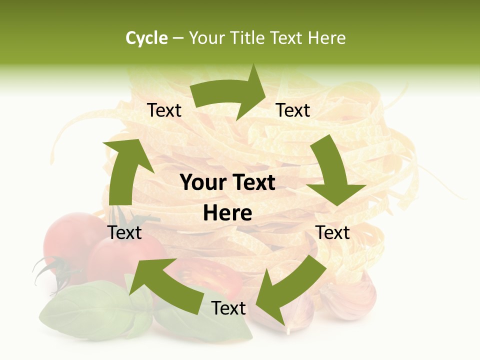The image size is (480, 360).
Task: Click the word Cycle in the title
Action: pos(146,38)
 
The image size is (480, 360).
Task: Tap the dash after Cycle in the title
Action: pos(178,38)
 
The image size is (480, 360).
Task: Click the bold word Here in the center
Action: pos(227,213)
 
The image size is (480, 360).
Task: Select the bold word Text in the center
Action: pos(253,183)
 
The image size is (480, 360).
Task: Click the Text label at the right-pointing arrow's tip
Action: pos(293,110)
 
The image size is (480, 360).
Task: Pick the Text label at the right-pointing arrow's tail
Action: pos(164,110)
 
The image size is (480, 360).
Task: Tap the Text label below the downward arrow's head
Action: pos(333,232)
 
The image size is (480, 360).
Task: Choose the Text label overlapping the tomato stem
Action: pos(125,232)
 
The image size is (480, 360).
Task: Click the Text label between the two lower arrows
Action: pos(228,308)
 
